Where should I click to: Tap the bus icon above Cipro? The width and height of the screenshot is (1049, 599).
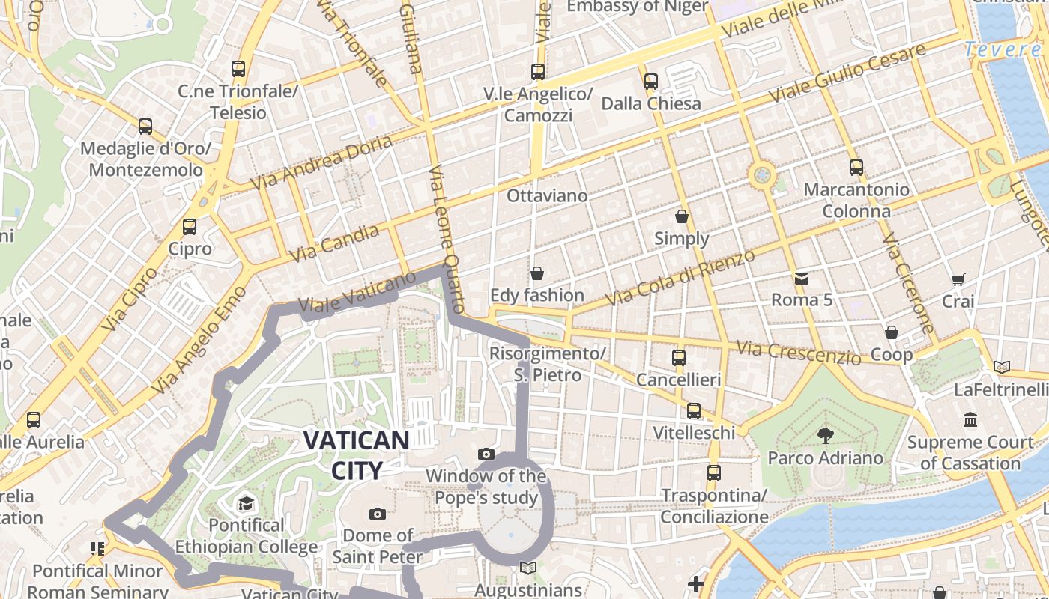pos(190,226)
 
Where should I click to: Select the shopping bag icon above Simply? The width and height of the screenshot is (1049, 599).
pos(682,216)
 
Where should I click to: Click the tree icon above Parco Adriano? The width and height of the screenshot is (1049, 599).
pos(825,435)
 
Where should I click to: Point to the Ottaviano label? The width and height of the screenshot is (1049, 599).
pos(547,195)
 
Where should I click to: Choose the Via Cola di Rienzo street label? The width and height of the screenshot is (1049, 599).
pos(680,278)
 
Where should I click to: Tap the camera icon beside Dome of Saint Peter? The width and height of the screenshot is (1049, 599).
pos(378,514)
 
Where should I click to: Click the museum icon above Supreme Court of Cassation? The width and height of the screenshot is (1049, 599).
pos(971,419)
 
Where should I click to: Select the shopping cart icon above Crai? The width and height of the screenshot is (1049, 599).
pos(958,279)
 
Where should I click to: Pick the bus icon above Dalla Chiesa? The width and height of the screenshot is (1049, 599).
pos(651,81)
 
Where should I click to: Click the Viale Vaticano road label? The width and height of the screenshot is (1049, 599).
pos(357,293)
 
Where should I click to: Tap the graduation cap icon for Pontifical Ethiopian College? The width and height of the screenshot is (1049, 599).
pos(246,503)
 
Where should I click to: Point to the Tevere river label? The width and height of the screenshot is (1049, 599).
pos(1002,49)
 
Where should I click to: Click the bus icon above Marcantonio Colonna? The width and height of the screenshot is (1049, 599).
pos(856,168)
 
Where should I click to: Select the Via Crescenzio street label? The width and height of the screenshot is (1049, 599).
pos(798,352)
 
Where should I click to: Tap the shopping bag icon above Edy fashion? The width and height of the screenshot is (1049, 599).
pos(536,273)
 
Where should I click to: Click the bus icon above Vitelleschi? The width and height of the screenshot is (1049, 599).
pos(694,410)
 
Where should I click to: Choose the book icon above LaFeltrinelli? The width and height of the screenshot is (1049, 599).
pos(1001,367)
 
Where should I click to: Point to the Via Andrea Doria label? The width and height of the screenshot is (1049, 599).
pos(321,162)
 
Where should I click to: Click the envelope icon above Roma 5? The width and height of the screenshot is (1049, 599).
pos(802,279)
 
